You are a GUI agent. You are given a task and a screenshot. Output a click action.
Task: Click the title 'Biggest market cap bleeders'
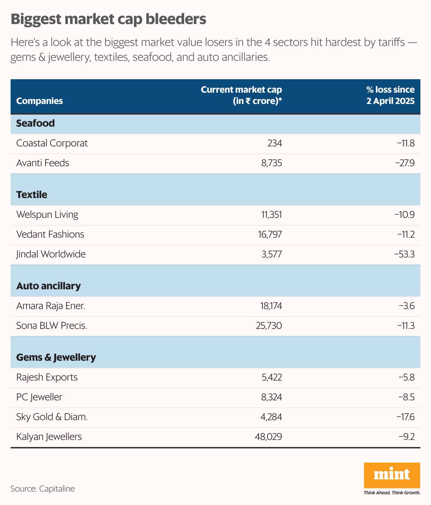pyautogui.click(x=108, y=19)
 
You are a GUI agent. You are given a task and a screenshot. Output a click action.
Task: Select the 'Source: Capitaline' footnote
pyautogui.click(x=43, y=489)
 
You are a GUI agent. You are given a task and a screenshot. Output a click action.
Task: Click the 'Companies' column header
pyautogui.click(x=40, y=101)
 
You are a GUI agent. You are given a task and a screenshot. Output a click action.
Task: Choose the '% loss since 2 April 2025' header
pyautogui.click(x=390, y=95)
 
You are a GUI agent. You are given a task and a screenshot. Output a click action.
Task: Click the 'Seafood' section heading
pyautogui.click(x=35, y=123)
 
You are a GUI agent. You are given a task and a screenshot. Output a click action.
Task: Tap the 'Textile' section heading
pyautogui.click(x=32, y=195)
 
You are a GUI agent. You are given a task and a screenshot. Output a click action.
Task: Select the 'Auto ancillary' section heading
pyautogui.click(x=48, y=286)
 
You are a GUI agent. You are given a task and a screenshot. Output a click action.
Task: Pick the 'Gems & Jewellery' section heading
pyautogui.click(x=56, y=357)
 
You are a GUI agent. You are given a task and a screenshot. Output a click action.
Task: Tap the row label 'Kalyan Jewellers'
pyautogui.click(x=49, y=437)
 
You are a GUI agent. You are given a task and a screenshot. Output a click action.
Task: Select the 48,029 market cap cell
pyautogui.click(x=268, y=437)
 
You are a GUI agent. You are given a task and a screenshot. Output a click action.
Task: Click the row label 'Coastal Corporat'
pyautogui.click(x=52, y=143)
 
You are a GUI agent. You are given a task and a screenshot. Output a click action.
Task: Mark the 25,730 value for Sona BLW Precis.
pyautogui.click(x=269, y=326)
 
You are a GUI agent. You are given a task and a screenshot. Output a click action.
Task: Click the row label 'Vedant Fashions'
pyautogui.click(x=50, y=234)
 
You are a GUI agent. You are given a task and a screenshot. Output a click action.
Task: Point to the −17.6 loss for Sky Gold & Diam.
pyautogui.click(x=406, y=417)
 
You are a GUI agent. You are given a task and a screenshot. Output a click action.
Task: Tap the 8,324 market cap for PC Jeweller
pyautogui.click(x=271, y=397)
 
